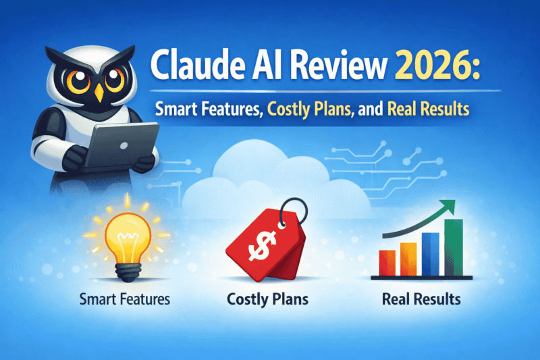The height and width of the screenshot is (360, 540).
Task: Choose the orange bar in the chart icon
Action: tap(408, 256)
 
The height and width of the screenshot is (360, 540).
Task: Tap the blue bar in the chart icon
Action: tap(430, 251)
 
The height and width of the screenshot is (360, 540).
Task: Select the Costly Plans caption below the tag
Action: tap(268, 297)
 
